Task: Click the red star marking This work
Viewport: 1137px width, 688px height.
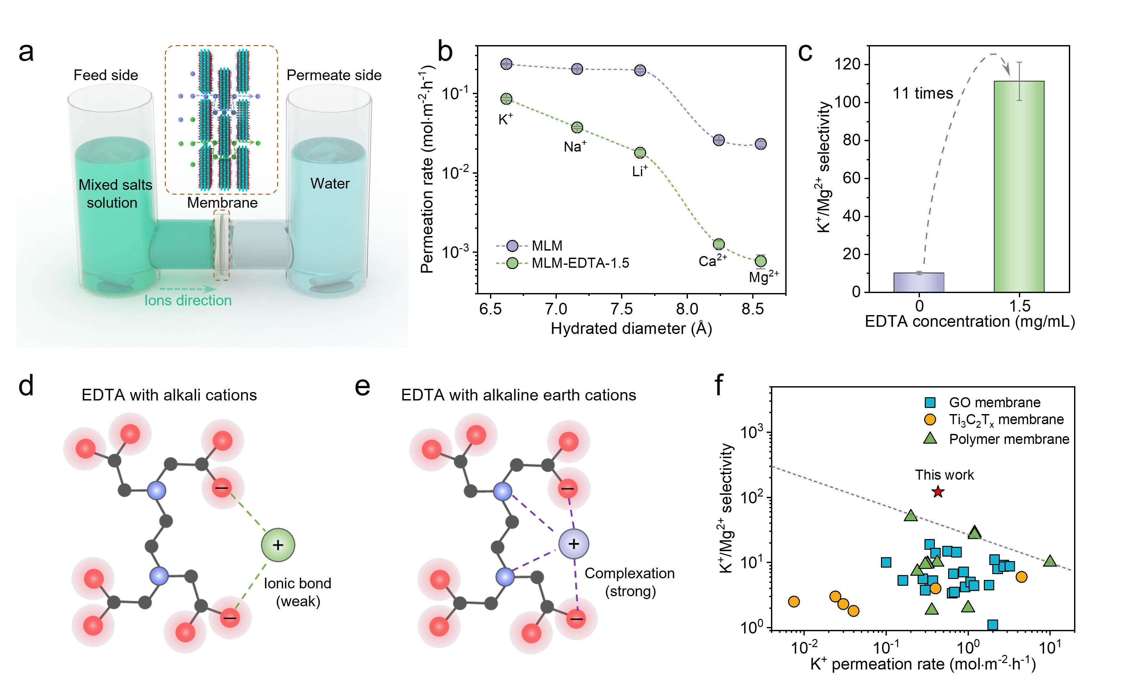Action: [938, 492]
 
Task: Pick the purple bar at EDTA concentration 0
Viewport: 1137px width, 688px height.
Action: [919, 282]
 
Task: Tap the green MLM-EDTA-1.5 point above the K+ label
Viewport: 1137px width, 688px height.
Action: [506, 99]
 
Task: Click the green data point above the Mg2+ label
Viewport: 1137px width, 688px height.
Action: [761, 261]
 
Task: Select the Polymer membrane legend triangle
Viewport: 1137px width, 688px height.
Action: [930, 438]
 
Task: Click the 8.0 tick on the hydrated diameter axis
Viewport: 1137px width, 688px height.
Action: [687, 308]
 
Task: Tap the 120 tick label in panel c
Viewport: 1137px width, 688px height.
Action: [847, 64]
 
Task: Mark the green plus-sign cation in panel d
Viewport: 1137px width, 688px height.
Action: [278, 545]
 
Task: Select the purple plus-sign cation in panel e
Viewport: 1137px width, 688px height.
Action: [574, 544]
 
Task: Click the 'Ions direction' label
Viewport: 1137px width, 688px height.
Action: [188, 301]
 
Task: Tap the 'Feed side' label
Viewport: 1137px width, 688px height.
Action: [106, 75]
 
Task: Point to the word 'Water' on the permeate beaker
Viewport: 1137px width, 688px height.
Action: [330, 184]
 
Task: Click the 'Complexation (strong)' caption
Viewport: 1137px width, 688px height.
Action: [630, 582]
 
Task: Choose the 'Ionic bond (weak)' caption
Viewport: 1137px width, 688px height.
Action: [298, 592]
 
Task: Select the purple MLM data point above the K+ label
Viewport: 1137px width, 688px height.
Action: [506, 64]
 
